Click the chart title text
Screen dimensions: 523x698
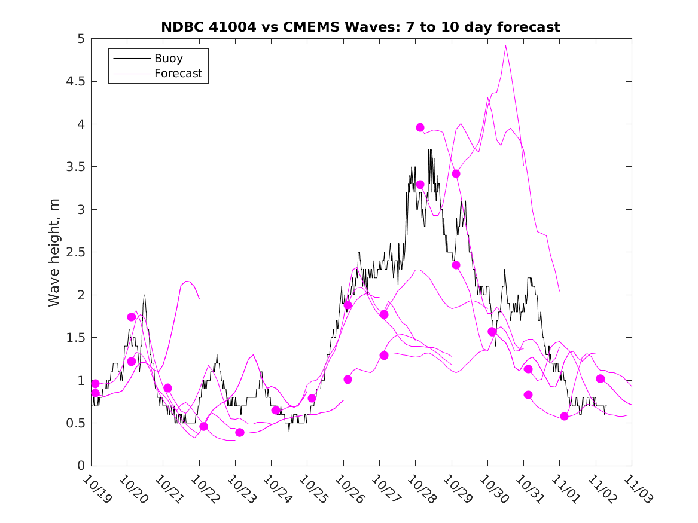[361, 27]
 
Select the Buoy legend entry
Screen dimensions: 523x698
[169, 59]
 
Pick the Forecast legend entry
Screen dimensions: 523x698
[178, 74]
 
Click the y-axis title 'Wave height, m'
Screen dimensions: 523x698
[54, 252]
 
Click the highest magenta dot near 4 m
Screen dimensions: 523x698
[420, 127]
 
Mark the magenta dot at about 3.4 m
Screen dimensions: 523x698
[456, 174]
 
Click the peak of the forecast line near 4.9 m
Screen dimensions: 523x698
[506, 46]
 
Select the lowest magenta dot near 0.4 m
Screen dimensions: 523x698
[240, 432]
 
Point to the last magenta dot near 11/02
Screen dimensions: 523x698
[601, 378]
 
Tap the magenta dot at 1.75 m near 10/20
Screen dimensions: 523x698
[132, 317]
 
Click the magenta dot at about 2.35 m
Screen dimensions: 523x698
[456, 265]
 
